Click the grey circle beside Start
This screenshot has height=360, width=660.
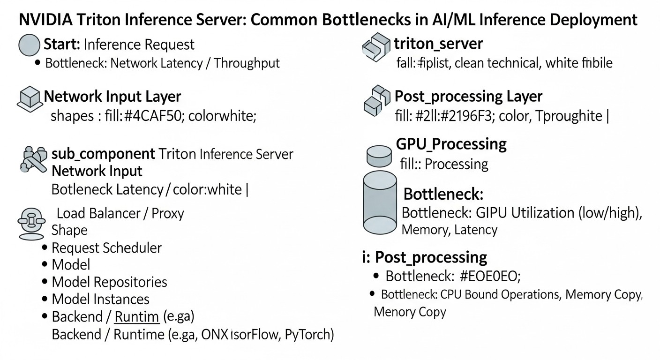tap(29, 45)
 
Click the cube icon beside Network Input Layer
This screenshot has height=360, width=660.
tap(30, 98)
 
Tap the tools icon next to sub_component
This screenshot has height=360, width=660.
tap(34, 159)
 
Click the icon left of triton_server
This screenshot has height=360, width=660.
tap(376, 46)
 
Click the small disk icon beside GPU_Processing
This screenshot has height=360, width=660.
tap(378, 156)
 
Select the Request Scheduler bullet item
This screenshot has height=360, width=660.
tap(106, 247)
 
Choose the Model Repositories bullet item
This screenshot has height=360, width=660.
tap(109, 282)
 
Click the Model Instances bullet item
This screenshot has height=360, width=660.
tap(100, 299)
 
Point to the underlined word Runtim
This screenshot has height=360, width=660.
tap(136, 317)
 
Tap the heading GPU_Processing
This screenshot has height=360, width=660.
tap(451, 144)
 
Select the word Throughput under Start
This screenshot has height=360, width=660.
tap(247, 63)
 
